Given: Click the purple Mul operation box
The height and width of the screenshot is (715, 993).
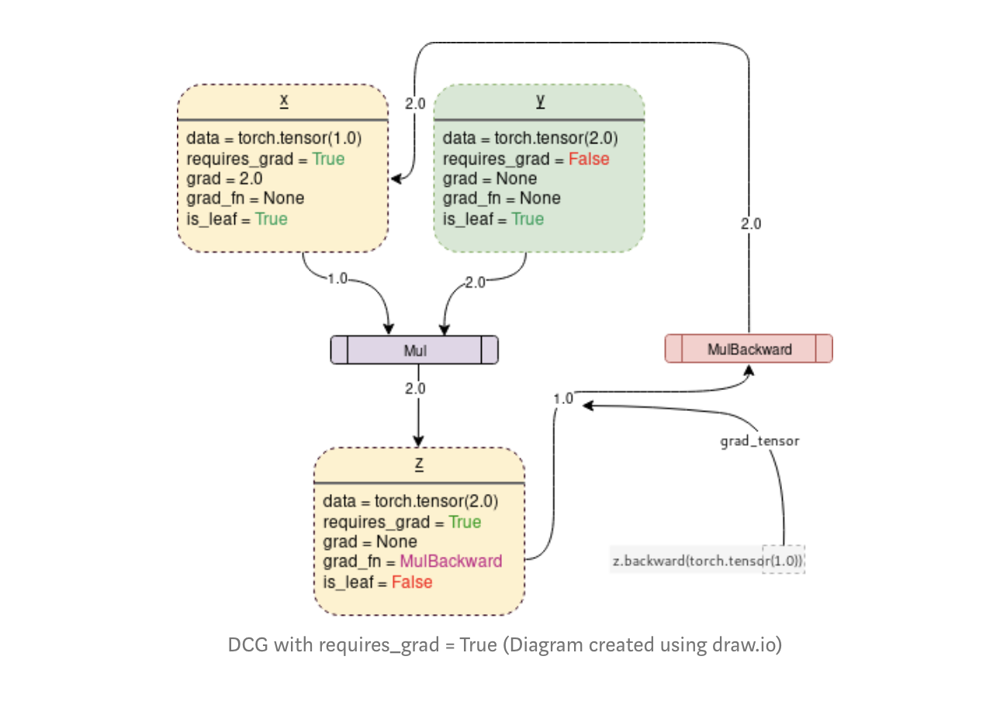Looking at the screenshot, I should coord(414,351).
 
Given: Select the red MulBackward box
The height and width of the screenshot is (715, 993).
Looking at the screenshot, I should coord(749,349).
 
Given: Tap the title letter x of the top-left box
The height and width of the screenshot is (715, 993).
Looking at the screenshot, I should coord(284,101).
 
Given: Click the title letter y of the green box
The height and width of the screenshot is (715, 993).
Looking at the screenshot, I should coord(540,101).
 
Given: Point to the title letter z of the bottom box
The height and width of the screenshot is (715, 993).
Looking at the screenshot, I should coord(419,464).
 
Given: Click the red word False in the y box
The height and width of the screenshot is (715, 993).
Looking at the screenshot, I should coord(589,159).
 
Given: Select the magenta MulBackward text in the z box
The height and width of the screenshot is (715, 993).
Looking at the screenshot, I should coord(451,561).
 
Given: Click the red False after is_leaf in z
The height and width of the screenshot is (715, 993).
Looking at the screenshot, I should coord(411,582).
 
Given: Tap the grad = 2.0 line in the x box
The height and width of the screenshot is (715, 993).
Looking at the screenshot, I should coord(224,178).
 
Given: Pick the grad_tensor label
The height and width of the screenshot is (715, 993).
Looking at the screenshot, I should coord(759,441).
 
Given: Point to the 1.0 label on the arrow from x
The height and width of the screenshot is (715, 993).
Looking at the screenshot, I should coord(337,278).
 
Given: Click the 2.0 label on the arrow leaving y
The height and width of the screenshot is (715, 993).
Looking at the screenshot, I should coord(475,282).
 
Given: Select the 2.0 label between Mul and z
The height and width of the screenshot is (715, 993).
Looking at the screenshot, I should coord(415,389).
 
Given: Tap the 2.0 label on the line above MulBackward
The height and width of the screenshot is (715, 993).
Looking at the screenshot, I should coord(750,224).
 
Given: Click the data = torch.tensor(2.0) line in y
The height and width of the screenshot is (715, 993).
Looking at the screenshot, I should coord(530,139).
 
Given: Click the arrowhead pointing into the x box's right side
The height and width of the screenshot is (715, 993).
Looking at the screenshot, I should coord(396,180).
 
